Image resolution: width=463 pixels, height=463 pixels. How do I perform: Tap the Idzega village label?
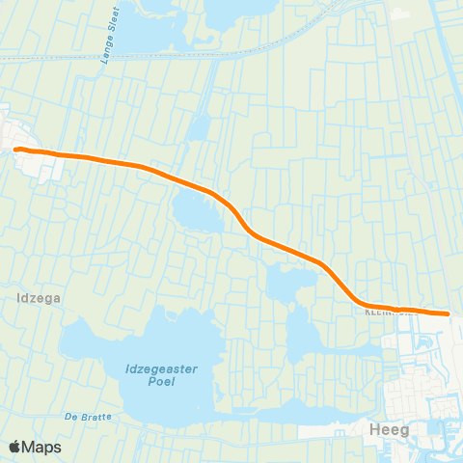[x=40, y=299]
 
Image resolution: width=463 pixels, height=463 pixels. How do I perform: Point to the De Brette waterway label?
[x=88, y=417]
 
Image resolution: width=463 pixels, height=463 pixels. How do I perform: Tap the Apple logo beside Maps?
[x=16, y=447]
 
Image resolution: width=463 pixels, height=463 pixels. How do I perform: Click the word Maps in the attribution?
[x=43, y=447]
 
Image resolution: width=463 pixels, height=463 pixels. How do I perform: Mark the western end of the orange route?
[x=16, y=149]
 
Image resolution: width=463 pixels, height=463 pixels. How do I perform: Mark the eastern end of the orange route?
[x=447, y=313]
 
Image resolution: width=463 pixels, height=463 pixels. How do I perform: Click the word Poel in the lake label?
[x=153, y=382]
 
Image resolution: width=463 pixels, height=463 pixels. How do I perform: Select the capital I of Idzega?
[x=20, y=299]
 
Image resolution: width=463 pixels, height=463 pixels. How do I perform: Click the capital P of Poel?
[x=142, y=382]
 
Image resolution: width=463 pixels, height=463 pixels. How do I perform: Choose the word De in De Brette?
[x=70, y=417]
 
